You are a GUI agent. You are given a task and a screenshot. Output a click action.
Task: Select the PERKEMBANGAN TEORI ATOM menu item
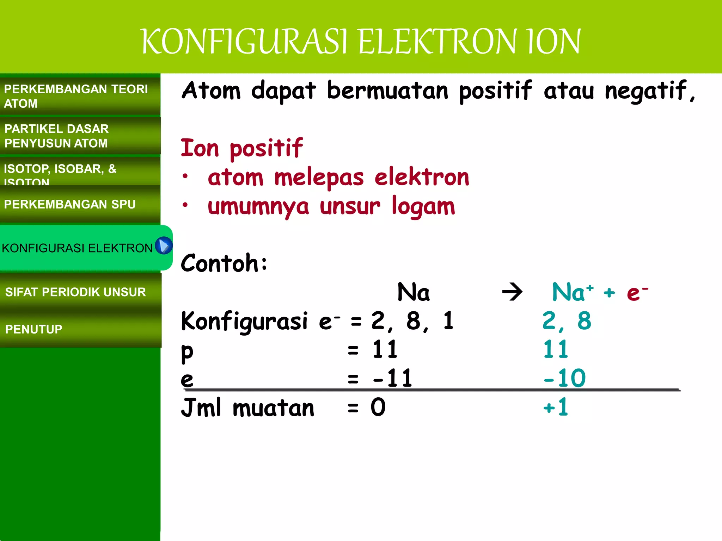click(76, 96)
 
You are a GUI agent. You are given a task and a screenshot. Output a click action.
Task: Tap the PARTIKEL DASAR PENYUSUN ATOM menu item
click(56, 136)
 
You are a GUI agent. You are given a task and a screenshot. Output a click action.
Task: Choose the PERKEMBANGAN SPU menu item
click(70, 204)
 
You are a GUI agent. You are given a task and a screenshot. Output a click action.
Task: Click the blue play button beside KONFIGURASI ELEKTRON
click(164, 245)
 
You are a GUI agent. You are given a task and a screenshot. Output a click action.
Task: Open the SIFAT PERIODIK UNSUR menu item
click(75, 292)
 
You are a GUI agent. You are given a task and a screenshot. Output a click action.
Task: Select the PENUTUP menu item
click(34, 329)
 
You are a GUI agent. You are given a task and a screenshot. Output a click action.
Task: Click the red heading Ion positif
click(241, 148)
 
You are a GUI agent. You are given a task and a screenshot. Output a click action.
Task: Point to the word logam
click(423, 207)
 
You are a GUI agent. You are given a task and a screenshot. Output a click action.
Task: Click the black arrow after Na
click(512, 292)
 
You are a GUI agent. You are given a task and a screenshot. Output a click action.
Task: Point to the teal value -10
click(564, 378)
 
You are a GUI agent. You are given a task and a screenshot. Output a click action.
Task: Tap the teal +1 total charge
click(556, 408)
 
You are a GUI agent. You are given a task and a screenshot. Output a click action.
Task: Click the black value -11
click(392, 378)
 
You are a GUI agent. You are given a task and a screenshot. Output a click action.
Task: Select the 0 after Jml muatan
click(378, 408)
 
